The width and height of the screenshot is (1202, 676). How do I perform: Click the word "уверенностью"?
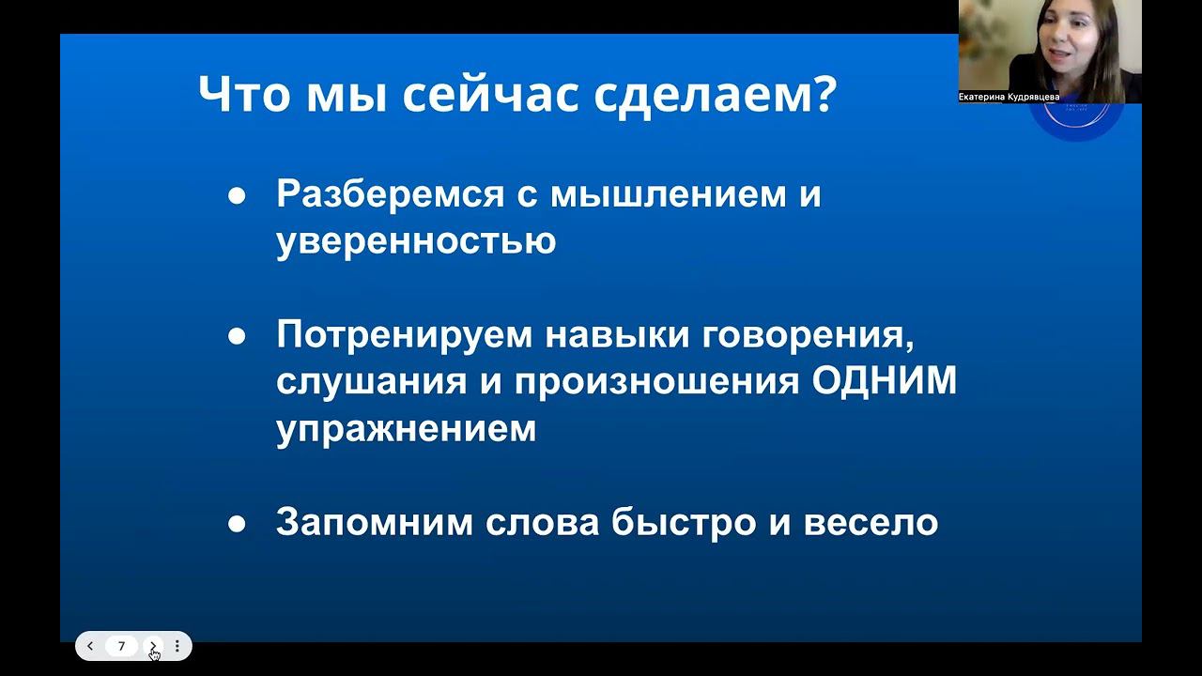coord(416,241)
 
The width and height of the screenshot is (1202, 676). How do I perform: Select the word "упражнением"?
coord(406,429)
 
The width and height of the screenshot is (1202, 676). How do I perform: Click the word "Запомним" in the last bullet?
coord(374,522)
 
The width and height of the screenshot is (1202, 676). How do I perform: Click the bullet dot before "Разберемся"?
coord(238,196)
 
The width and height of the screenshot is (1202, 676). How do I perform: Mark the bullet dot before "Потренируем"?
coord(238,336)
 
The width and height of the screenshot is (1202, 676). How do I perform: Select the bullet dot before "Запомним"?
coord(238,523)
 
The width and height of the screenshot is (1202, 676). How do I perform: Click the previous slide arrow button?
coord(90,646)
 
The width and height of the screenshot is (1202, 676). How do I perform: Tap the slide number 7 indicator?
coord(121,646)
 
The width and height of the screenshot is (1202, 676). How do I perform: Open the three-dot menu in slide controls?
coord(177,646)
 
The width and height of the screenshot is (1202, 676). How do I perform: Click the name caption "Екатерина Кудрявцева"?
coord(1009,97)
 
